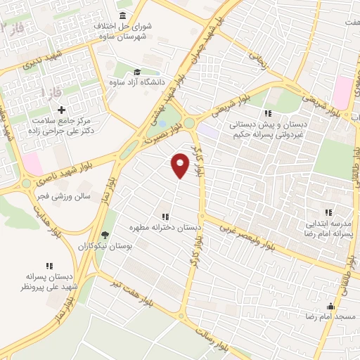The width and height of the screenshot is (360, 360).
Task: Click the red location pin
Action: [181, 165]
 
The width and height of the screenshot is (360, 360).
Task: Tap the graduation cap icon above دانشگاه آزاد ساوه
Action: [136, 72]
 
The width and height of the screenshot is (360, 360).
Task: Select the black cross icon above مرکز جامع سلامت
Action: [62, 110]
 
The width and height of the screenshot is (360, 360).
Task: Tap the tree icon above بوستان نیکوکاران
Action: [105, 235]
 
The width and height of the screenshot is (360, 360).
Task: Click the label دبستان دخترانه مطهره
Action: [165, 228]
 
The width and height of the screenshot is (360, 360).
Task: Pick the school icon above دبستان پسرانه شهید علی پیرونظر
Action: [49, 266]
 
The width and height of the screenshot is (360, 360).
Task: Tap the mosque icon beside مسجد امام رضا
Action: [330, 307]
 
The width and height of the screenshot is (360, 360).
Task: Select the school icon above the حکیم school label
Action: [267, 114]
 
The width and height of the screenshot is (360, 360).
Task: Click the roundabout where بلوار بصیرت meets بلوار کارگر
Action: [189, 123]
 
